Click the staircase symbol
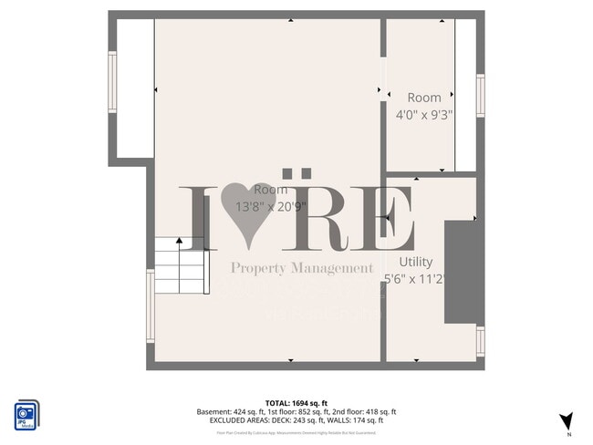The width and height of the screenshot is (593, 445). [x=178, y=264]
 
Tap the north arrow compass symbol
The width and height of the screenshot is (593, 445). [x=566, y=421]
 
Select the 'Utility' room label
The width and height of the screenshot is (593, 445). [x=416, y=262]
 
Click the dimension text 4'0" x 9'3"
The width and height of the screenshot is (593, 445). [x=424, y=114]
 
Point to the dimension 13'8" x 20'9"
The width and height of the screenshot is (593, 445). [x=271, y=206]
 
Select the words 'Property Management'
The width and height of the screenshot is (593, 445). [x=302, y=268]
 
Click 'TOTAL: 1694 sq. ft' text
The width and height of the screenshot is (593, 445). [x=296, y=403]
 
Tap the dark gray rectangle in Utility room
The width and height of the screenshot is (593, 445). [x=463, y=271]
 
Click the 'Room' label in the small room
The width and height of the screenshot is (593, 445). [x=424, y=98]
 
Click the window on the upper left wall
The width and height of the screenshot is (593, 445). [x=113, y=82]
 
